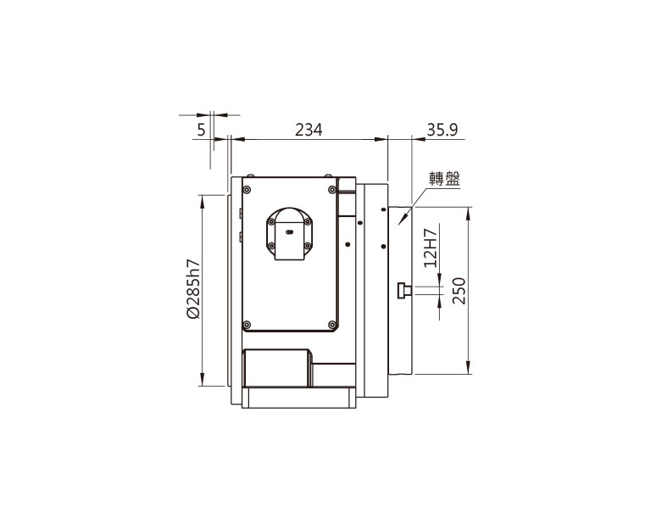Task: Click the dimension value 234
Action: point(309,130)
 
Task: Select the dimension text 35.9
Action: point(442,130)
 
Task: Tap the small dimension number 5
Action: point(202,130)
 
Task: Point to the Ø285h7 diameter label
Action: point(193,289)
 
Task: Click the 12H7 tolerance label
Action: point(431,248)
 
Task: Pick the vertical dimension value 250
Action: point(459,291)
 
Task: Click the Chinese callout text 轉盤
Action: point(445,179)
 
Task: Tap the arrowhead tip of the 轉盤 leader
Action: point(398,225)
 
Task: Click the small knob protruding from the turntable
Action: point(404,290)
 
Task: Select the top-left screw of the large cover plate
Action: point(248,190)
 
